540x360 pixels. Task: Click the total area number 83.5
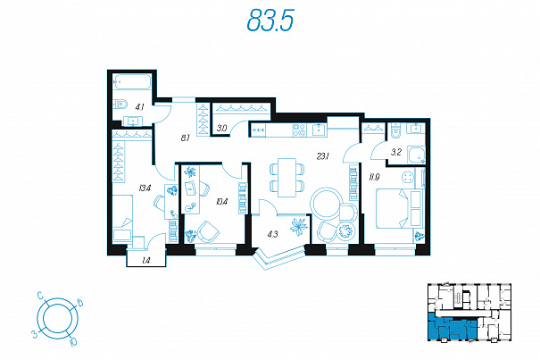click(x=270, y=21)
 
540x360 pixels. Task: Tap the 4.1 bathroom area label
click(x=139, y=107)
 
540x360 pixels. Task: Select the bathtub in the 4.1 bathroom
click(x=132, y=82)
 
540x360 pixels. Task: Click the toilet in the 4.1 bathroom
click(x=120, y=104)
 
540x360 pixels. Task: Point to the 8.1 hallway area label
click(x=186, y=138)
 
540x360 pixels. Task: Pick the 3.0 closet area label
click(x=221, y=129)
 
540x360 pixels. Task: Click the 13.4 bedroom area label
click(x=145, y=188)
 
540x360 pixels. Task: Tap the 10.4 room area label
click(x=221, y=201)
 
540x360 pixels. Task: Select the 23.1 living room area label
click(x=323, y=156)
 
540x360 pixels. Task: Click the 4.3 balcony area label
click(x=272, y=234)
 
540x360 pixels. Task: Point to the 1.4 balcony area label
click(x=146, y=261)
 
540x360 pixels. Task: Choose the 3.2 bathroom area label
click(x=396, y=152)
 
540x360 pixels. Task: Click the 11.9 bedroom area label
click(x=374, y=178)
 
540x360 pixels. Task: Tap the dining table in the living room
click(x=287, y=177)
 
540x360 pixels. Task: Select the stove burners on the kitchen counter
click(x=299, y=130)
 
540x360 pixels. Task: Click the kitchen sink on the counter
click(x=320, y=130)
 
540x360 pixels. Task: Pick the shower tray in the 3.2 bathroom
click(x=416, y=155)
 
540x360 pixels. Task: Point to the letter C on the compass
click(x=40, y=295)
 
